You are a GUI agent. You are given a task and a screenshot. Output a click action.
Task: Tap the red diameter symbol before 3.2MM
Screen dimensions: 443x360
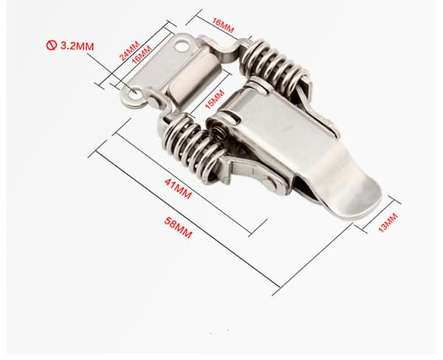[51, 45]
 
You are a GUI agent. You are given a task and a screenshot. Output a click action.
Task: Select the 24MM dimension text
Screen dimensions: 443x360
[130, 51]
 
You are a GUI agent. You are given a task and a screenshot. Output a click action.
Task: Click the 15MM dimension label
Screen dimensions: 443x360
[215, 99]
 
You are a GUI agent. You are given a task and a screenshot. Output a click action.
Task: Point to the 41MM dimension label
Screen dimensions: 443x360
[178, 189]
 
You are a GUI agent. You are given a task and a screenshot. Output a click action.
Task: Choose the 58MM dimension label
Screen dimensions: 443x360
[178, 227]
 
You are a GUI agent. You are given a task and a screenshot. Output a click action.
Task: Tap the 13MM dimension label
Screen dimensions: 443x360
[388, 223]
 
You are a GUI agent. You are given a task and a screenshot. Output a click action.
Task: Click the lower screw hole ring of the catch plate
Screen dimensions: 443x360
[134, 97]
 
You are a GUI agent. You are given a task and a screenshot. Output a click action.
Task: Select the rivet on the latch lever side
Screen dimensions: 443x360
[272, 184]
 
